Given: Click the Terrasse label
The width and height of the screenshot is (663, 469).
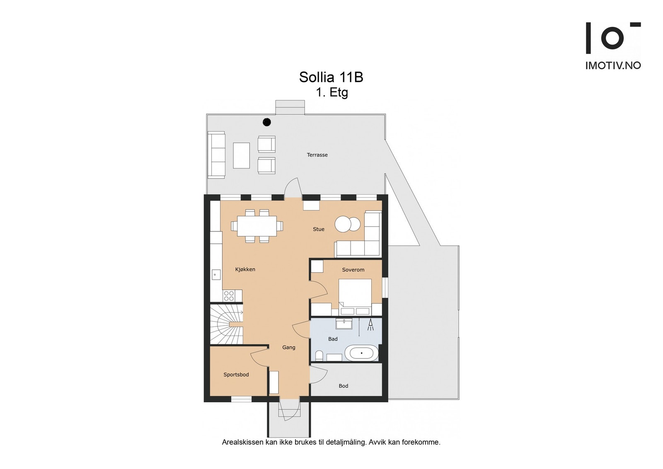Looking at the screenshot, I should [x=317, y=155].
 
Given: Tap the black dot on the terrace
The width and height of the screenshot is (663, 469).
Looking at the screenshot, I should [x=267, y=122].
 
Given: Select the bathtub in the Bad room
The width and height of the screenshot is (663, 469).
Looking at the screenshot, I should [x=361, y=353].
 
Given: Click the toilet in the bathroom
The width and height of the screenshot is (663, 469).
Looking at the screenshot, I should [x=319, y=355].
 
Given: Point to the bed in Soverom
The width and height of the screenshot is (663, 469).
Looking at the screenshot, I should [x=355, y=295].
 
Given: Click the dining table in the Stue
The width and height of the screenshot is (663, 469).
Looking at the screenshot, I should [x=257, y=226].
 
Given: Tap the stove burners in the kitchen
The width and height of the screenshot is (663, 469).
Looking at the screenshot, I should [x=229, y=295].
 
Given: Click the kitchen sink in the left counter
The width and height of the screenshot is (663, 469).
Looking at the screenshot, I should [x=215, y=274].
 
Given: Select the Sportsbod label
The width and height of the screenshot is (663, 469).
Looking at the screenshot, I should [x=236, y=375].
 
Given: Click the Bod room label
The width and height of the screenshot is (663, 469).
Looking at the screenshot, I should [x=344, y=386].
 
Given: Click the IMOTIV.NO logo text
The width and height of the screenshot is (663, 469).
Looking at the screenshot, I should [x=613, y=65].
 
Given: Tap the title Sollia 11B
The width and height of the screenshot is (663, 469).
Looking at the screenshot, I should [x=331, y=77].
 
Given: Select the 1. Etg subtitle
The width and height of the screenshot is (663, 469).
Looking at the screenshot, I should [x=332, y=92].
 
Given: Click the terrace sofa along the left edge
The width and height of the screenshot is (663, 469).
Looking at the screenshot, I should [x=216, y=155].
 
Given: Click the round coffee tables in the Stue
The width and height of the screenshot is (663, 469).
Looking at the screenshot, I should [x=348, y=224].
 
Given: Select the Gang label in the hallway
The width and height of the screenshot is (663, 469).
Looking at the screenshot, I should [x=289, y=347].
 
